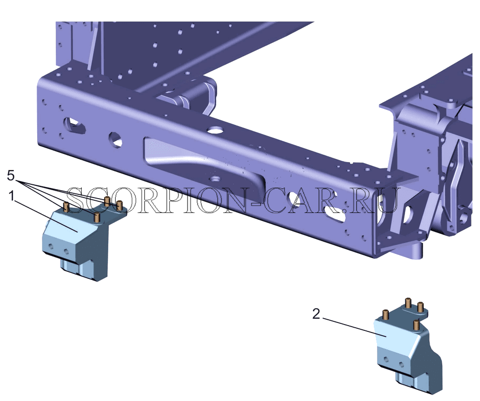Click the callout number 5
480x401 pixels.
(x=11, y=176)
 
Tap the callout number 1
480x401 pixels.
(x=11, y=195)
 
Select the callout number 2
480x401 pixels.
(x=316, y=314)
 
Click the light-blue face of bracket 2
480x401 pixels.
(x=394, y=335)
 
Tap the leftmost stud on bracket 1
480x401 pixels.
(x=66, y=207)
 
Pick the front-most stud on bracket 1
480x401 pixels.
(x=97, y=217)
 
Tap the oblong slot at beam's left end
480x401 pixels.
(x=73, y=125)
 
